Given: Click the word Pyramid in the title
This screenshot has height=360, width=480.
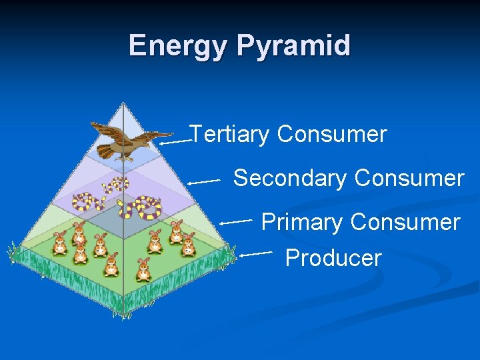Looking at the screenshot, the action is click(293, 46).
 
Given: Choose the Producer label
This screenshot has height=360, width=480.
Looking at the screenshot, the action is click(333, 258).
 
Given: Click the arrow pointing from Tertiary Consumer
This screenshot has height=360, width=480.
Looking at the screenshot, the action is click(175, 141).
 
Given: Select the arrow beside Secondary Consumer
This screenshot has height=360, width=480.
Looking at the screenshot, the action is click(204, 181).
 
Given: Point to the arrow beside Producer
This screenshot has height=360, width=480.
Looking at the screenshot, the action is click(256, 253).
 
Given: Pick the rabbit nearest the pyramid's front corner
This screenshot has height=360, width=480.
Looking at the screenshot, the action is click(143, 270).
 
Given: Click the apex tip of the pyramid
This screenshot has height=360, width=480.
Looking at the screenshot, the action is click(123, 103).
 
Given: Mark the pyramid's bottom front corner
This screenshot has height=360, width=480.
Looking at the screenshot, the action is click(123, 313).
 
